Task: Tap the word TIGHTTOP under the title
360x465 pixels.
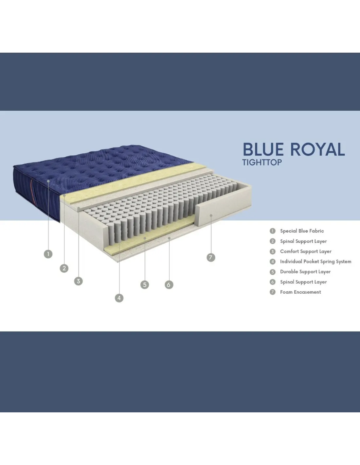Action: coord(262,163)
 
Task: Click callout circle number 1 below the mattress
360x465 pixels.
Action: coord(48,254)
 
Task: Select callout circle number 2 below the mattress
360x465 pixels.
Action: coord(64,268)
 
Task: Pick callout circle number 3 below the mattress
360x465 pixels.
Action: coord(79,281)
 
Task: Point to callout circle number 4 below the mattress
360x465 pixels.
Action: coord(119,298)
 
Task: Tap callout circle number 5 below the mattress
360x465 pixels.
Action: coord(145,284)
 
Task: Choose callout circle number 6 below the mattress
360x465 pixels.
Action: coord(169,284)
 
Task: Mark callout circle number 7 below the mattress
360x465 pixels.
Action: coord(211,257)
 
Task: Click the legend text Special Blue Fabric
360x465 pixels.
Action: coord(302,231)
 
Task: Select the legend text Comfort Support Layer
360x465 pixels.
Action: coord(306,251)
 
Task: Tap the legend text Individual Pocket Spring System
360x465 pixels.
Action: coord(316,262)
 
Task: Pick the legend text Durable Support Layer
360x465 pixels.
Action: coord(305,272)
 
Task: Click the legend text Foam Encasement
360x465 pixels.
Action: coord(300,292)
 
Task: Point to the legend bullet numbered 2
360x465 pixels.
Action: coord(272,241)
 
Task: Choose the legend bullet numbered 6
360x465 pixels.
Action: coord(272,282)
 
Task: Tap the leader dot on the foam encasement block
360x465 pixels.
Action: coord(211,215)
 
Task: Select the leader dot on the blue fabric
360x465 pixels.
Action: coord(48,181)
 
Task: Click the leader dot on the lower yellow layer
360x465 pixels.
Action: coord(145,238)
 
